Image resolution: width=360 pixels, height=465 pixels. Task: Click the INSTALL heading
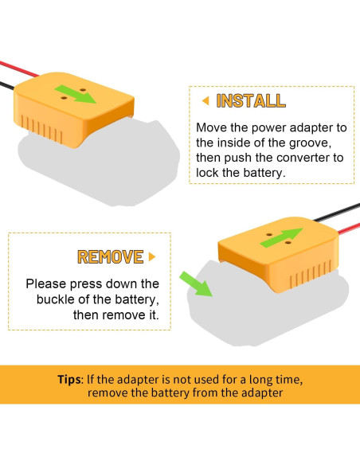tap(251, 100)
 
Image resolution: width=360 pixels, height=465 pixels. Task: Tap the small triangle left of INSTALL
tap(205, 100)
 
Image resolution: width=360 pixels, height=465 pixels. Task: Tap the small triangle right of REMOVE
tap(151, 256)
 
